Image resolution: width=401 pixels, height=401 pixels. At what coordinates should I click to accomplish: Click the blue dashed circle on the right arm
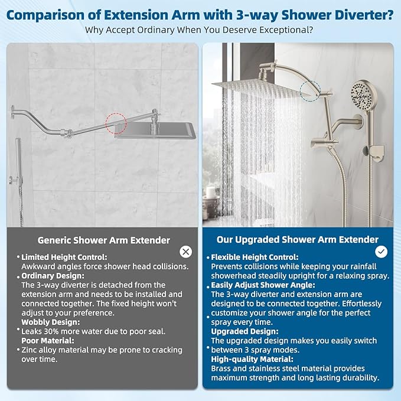pos(310,91)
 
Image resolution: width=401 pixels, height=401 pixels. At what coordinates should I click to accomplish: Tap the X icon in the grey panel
pos(185,252)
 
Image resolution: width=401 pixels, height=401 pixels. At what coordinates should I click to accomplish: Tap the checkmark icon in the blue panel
pos(382,252)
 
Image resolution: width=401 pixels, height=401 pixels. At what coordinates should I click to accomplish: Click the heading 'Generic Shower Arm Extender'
pos(104,240)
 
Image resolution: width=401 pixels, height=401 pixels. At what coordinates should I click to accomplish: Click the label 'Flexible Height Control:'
pos(255,257)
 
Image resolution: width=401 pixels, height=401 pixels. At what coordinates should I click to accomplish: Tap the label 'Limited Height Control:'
pos(64,257)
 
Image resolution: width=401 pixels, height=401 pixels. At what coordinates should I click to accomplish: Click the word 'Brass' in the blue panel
pos(223,368)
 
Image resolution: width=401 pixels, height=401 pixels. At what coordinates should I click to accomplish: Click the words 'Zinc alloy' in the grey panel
pos(42,350)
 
